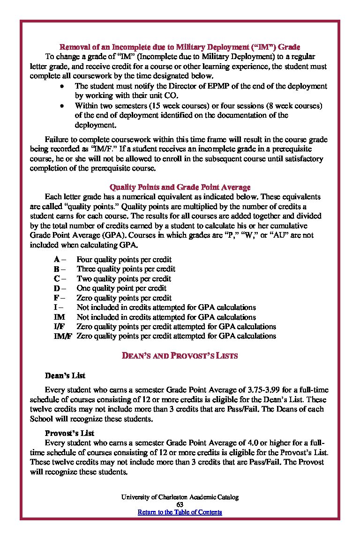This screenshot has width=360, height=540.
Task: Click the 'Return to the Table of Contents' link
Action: click(x=180, y=512)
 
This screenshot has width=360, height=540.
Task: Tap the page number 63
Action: click(x=180, y=504)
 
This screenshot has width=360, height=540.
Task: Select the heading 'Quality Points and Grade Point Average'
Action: click(x=180, y=187)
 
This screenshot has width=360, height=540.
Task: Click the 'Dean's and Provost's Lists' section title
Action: click(x=180, y=356)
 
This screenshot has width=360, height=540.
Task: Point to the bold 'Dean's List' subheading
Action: click(x=65, y=375)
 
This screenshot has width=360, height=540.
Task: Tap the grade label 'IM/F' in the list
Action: click(x=63, y=336)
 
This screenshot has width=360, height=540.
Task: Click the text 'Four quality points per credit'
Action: click(x=124, y=259)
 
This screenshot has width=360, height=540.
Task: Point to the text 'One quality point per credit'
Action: click(x=121, y=288)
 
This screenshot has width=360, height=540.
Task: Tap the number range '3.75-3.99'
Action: click(x=261, y=390)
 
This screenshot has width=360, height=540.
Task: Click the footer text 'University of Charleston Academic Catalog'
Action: click(x=180, y=497)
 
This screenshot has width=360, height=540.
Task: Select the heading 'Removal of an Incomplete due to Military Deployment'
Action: click(x=180, y=47)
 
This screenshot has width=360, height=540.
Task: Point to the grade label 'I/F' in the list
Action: click(x=60, y=326)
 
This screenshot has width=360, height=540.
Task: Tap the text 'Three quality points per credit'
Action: click(x=126, y=269)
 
